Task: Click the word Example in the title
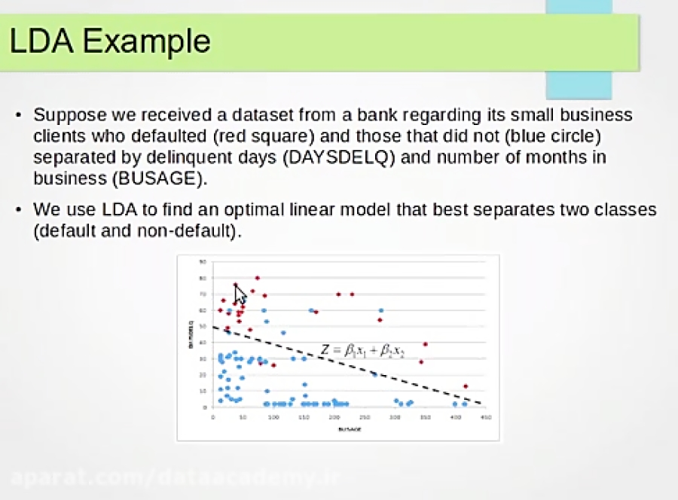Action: pyautogui.click(x=146, y=41)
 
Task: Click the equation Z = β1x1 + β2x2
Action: pyautogui.click(x=362, y=351)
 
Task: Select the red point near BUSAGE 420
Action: pyautogui.click(x=466, y=386)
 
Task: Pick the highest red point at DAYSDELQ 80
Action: pyautogui.click(x=257, y=278)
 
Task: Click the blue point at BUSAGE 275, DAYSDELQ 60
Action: pyautogui.click(x=380, y=310)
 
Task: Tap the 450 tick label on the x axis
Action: pyautogui.click(x=485, y=416)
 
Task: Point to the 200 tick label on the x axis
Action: pyautogui.click(x=334, y=416)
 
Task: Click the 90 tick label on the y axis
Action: pyautogui.click(x=203, y=262)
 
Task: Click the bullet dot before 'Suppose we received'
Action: pyautogui.click(x=19, y=117)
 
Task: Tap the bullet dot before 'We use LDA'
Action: pyautogui.click(x=19, y=210)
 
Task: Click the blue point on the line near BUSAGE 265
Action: pyautogui.click(x=374, y=374)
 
